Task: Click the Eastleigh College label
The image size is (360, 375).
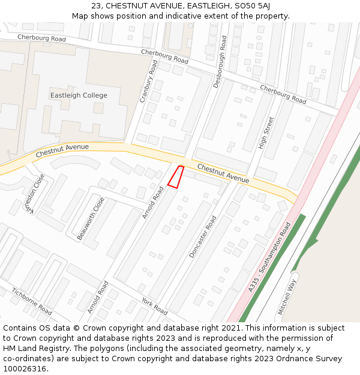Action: [x=79, y=95]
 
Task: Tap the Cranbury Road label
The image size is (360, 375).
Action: [x=149, y=81]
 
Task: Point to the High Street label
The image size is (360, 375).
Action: [x=265, y=133]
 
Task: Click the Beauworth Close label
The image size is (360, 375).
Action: [x=91, y=218]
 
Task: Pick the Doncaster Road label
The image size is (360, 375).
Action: [x=203, y=237]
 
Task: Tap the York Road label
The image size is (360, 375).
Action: [x=154, y=306]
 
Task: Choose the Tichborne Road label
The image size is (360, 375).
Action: [x=31, y=301]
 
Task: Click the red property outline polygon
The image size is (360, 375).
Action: [x=175, y=177]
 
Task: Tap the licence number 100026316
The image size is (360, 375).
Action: [x=25, y=369]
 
